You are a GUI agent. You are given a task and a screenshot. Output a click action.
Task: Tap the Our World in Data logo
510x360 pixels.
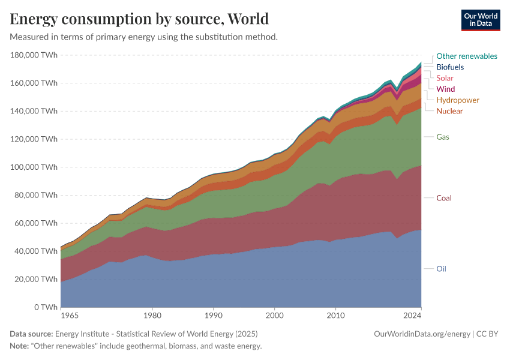[x=480, y=20]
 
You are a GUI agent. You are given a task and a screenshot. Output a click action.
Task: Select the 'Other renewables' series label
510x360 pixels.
[x=466, y=56]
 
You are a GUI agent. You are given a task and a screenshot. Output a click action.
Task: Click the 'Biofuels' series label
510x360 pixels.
[x=450, y=67]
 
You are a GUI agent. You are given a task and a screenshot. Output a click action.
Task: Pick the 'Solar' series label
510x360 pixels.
[x=445, y=78]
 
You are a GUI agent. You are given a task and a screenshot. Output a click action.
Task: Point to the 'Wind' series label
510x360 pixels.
[x=445, y=89]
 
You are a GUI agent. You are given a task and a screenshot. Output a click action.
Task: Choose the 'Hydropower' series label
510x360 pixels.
[x=458, y=100]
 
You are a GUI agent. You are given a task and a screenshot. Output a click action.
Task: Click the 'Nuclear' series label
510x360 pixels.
[x=449, y=111]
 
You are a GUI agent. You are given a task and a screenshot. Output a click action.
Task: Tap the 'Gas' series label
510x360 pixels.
[x=443, y=137]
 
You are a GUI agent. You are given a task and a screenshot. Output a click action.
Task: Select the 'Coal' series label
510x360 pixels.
[x=444, y=198]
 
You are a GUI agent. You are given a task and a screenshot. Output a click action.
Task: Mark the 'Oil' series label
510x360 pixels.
[x=441, y=269]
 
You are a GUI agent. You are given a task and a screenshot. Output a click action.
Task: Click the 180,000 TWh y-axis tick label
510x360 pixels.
[x=34, y=55]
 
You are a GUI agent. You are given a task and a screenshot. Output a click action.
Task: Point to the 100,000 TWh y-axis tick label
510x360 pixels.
[x=34, y=167]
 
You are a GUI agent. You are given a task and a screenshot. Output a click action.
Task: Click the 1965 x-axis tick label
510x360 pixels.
[x=69, y=315]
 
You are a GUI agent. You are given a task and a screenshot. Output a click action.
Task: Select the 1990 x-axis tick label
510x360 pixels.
[x=214, y=315]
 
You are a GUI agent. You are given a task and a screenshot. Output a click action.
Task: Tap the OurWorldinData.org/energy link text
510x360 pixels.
[x=422, y=334]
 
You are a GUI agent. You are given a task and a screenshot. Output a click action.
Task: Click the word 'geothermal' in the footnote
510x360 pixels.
[x=158, y=346]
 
